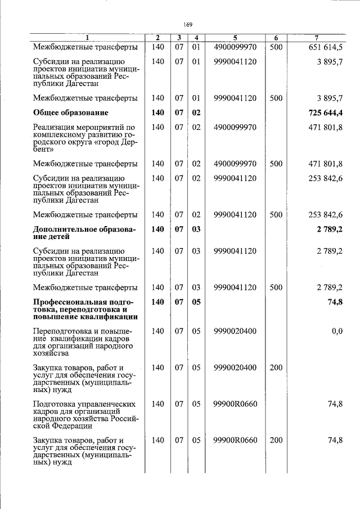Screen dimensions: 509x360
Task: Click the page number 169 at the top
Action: click(x=188, y=24)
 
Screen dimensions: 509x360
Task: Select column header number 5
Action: click(x=235, y=38)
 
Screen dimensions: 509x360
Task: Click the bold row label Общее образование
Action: click(x=70, y=112)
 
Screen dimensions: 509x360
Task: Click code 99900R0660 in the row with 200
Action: click(x=235, y=440)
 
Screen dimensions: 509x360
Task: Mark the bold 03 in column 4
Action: click(x=196, y=229)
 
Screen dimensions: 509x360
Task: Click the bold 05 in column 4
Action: click(x=196, y=302)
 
